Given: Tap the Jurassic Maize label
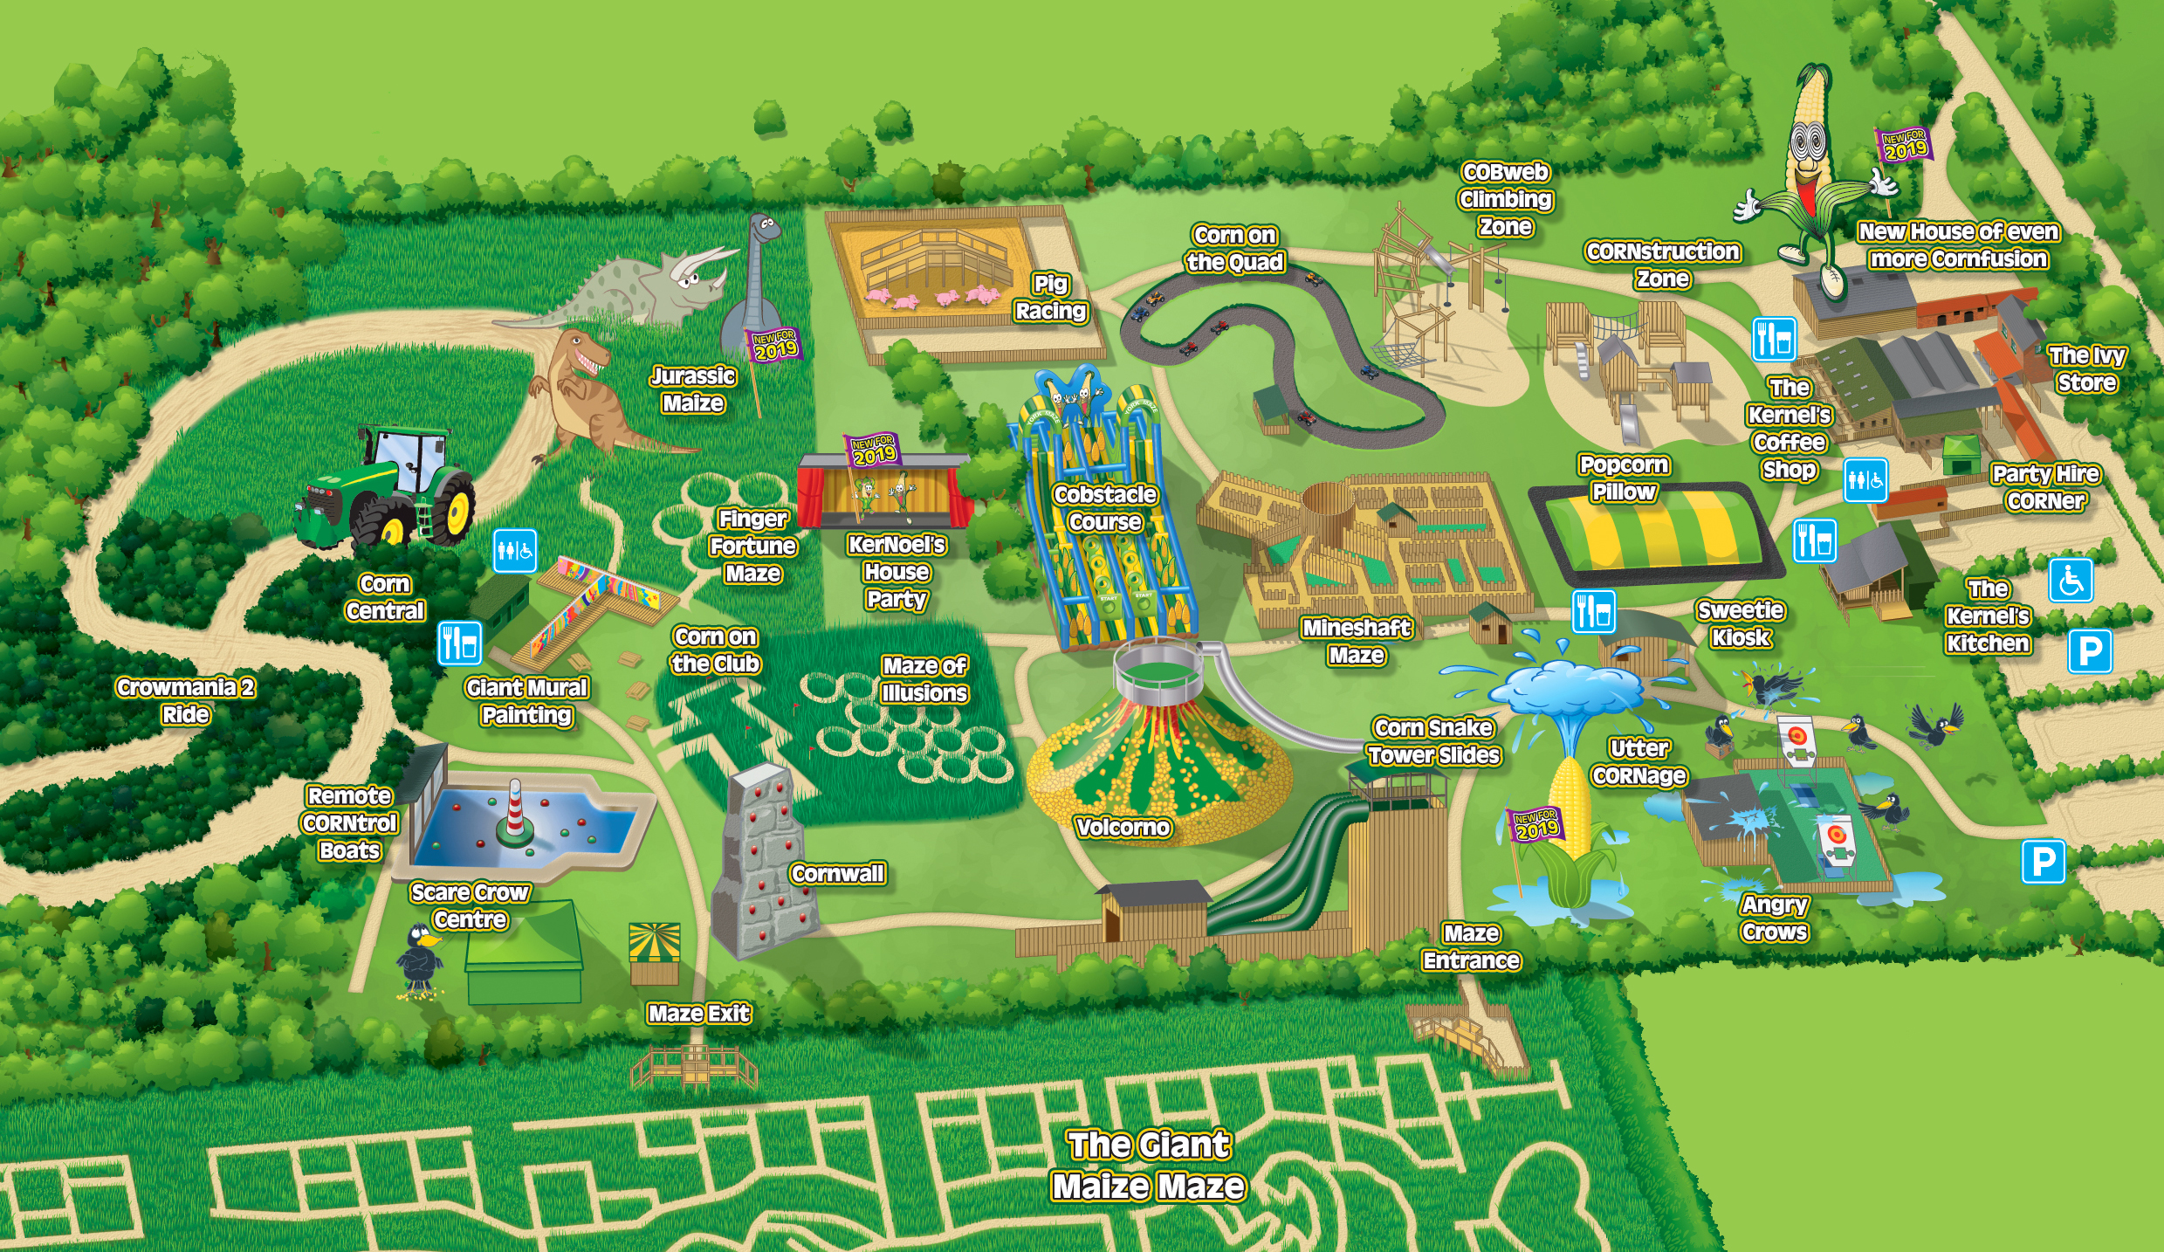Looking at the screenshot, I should [693, 389].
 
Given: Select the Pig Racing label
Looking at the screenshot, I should [1050, 298].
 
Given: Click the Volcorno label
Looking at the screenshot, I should [1123, 828].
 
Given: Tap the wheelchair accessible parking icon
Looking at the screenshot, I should [2071, 581].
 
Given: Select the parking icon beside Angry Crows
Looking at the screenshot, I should [2044, 862].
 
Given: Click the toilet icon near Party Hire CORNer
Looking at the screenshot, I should [1865, 480].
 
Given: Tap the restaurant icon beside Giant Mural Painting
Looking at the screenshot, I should [459, 643].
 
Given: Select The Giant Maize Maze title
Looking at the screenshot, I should [1148, 1166].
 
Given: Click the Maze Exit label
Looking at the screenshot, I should [699, 1014].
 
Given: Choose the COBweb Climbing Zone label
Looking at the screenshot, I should [1506, 200].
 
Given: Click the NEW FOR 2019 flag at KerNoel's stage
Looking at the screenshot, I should [874, 449].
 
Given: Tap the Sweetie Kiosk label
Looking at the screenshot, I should [1741, 624].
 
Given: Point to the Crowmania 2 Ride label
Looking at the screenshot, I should [186, 701].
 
